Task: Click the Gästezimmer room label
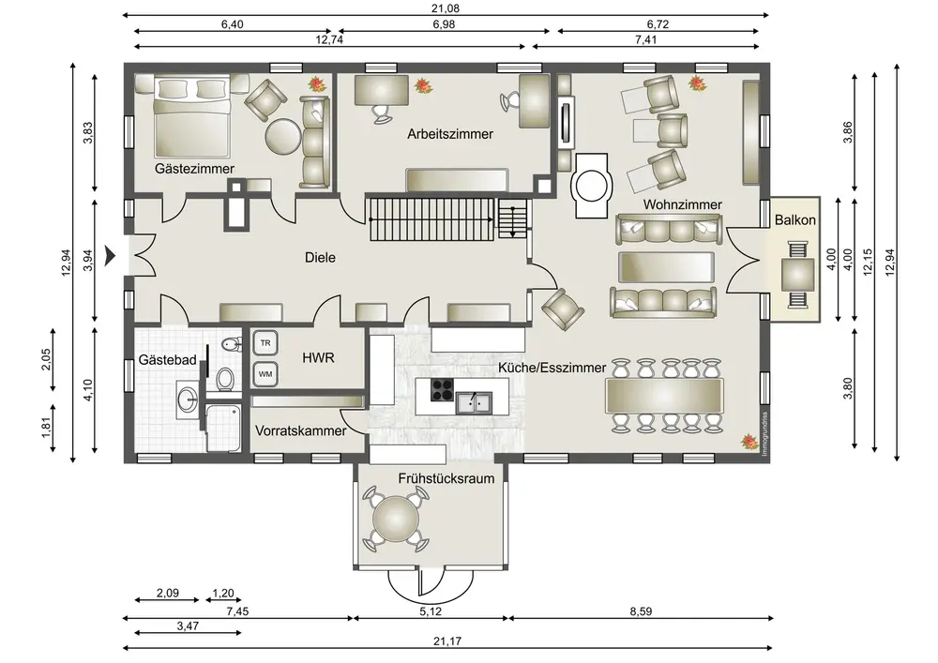194,169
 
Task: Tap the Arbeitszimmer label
450,134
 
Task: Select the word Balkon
795,220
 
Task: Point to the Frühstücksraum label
446,478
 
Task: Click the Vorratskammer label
300,431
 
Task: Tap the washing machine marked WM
265,374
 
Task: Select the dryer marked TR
265,343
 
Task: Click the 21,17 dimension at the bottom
448,640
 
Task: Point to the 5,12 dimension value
431,611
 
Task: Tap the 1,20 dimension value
223,593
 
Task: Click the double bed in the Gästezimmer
191,114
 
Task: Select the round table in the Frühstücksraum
395,519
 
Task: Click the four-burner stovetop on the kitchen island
443,390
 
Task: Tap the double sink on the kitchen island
474,402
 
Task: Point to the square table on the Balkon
798,275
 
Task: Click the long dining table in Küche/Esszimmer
664,396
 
